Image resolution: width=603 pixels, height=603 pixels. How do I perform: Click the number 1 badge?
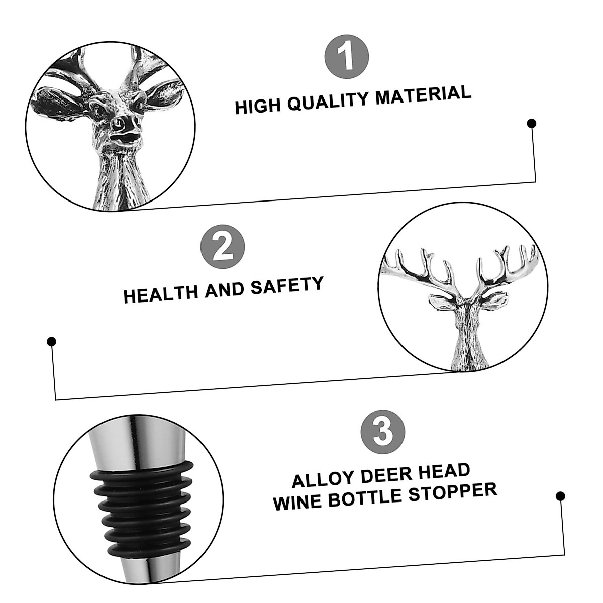pyautogui.click(x=347, y=56)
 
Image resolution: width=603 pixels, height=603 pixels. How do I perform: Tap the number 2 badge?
pyautogui.click(x=223, y=248)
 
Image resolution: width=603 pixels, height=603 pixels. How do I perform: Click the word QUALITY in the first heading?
pyautogui.click(x=330, y=100)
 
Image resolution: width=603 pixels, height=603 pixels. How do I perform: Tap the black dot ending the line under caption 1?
pyautogui.click(x=531, y=123)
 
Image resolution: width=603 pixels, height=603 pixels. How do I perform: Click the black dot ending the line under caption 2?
pyautogui.click(x=51, y=342)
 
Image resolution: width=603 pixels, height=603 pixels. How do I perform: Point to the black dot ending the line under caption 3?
pyautogui.click(x=560, y=496)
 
